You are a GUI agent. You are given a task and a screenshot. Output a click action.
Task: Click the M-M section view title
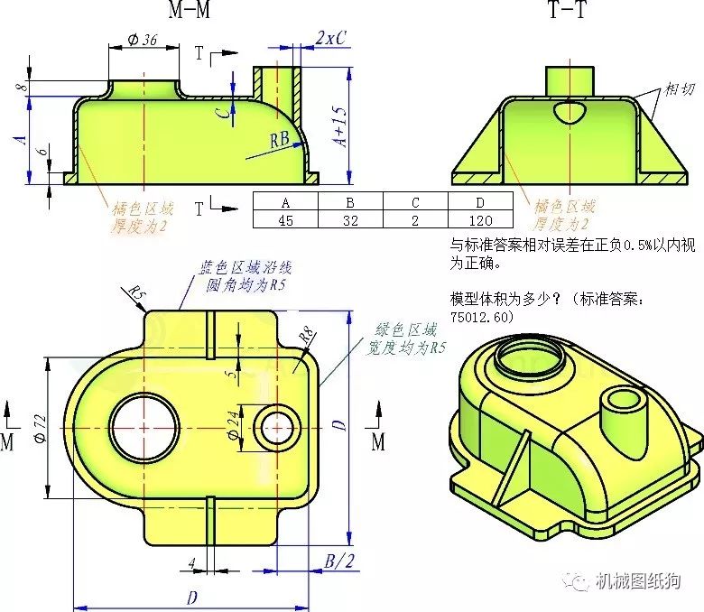(190, 9)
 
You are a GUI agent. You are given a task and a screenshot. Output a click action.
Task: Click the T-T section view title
(568, 9)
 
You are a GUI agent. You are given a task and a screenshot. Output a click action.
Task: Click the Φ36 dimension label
(143, 40)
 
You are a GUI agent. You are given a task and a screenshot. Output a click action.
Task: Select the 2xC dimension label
(331, 38)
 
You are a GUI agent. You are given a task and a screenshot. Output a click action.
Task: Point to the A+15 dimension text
(340, 126)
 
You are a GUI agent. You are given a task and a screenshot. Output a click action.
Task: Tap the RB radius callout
(279, 140)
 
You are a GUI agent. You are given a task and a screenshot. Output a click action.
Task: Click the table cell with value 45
(285, 220)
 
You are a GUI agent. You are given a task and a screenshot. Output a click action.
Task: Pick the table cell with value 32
(350, 220)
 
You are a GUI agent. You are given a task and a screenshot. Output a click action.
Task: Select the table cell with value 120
(480, 220)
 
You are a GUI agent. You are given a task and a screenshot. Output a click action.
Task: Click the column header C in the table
(415, 203)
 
